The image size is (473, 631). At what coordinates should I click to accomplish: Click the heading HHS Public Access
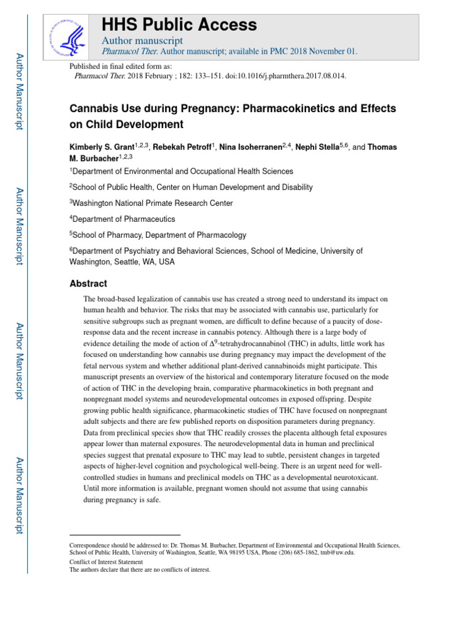pos(179,25)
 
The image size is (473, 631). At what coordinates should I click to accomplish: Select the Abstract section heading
pos(88,283)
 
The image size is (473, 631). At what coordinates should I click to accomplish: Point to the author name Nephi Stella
pos(318,147)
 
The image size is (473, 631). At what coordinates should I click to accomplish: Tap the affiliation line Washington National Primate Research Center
pos(152,203)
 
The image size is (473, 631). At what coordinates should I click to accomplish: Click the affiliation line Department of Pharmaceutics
pos(123,219)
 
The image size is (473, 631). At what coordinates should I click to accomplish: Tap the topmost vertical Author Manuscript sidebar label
pos(19,91)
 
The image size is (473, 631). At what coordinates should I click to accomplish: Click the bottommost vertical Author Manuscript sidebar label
pos(19,496)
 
